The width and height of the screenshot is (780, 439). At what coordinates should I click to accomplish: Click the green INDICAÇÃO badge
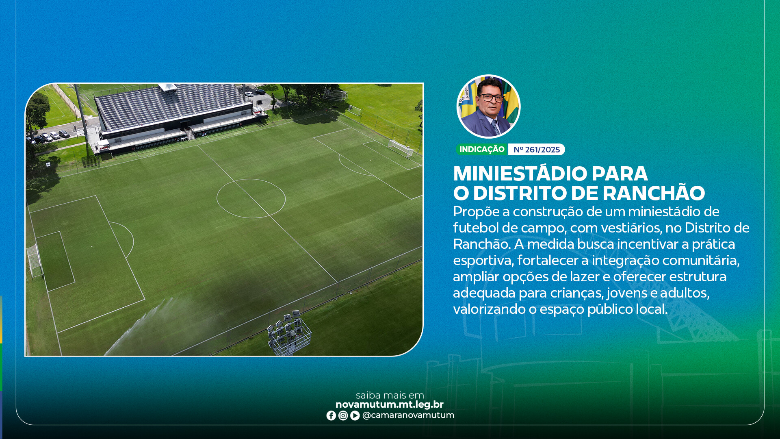point(482,150)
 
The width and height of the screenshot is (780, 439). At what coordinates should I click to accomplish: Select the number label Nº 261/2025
point(537,150)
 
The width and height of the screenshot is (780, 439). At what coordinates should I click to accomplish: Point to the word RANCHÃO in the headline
point(654,193)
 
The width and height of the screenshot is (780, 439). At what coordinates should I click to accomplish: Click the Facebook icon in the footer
point(331,415)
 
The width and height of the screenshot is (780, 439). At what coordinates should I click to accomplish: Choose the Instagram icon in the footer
point(343,415)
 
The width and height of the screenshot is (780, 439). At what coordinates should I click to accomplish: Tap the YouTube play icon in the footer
point(355,415)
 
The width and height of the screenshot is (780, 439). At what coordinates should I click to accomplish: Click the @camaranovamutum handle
point(408,415)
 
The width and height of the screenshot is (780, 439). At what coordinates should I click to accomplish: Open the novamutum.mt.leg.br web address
point(390,405)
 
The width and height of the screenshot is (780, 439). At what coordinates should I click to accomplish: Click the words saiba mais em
point(390,395)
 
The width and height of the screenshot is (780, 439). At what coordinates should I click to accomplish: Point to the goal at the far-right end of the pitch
point(401,148)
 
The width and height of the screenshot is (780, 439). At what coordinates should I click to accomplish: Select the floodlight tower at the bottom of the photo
point(290,333)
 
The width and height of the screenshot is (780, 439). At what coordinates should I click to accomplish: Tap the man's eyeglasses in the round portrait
point(491,98)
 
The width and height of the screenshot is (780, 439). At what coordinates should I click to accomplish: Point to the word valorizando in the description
point(490,309)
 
